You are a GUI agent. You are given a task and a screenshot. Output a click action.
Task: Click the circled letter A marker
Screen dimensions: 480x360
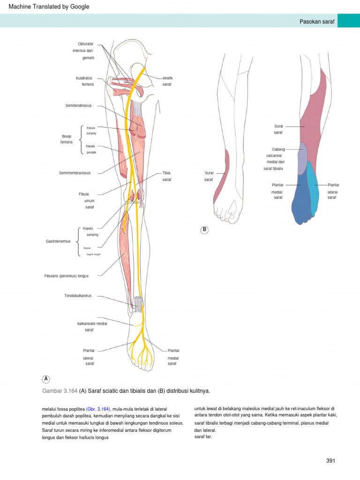click(x=46, y=378)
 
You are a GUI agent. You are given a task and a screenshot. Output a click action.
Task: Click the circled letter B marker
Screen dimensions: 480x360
click(x=204, y=230)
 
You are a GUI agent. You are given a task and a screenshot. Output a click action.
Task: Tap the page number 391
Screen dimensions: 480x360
click(x=331, y=461)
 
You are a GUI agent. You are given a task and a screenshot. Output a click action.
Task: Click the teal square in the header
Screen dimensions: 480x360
click(x=348, y=21)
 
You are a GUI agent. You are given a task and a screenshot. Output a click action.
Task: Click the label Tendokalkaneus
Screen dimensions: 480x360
click(x=78, y=296)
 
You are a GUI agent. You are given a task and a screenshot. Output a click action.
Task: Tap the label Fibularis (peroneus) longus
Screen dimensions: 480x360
click(x=66, y=276)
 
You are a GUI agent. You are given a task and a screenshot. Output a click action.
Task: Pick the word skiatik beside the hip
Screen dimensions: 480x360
click(x=168, y=77)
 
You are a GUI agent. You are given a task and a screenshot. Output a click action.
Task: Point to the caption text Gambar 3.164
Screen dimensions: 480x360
click(x=60, y=390)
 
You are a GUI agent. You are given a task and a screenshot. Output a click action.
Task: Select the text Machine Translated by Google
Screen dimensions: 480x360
click(x=49, y=7)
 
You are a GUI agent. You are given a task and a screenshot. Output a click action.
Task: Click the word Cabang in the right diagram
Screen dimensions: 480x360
click(x=278, y=149)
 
